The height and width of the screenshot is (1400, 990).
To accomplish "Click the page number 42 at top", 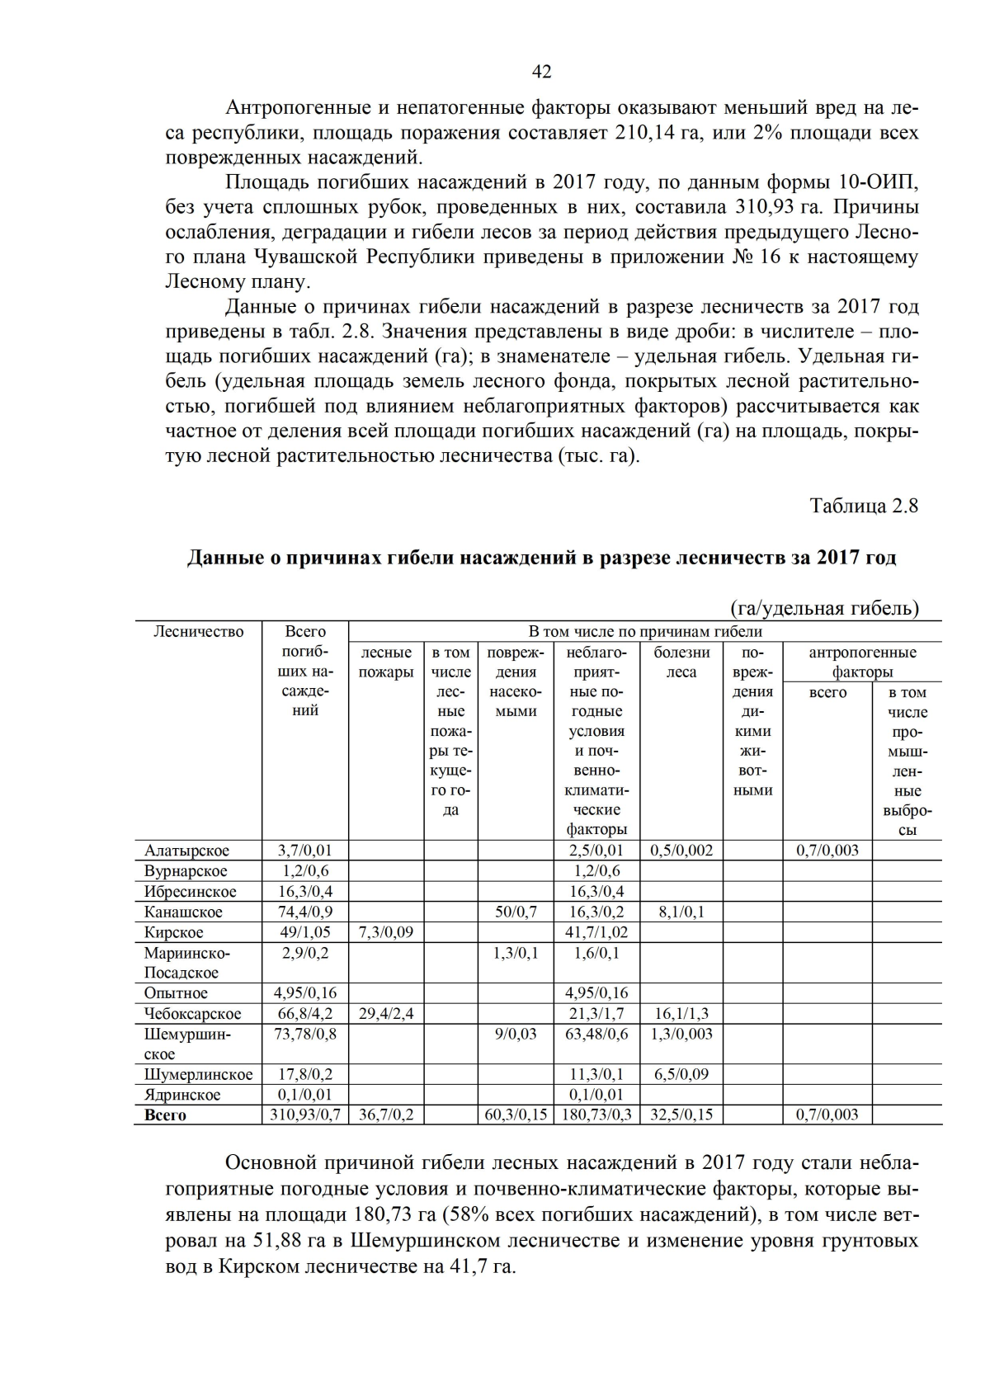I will coord(541,72).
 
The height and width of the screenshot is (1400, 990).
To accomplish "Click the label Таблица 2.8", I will coord(864,506).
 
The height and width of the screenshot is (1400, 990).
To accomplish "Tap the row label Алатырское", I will coord(186,851).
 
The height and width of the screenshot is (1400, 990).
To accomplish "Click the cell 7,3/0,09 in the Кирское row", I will coord(386,932).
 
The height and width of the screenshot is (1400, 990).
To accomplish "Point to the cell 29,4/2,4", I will coord(386,1013).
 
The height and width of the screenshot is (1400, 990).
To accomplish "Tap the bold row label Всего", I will coord(165,1115).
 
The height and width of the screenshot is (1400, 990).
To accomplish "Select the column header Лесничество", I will coord(198,632).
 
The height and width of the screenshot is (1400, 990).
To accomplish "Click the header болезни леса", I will coord(681,662).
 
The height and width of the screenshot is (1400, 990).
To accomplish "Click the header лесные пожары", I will coord(386,662).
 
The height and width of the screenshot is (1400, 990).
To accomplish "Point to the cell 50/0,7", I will coord(516,912).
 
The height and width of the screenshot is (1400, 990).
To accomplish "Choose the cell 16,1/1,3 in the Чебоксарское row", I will coord(681,1013).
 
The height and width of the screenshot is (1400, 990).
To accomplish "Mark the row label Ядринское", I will coord(182,1095).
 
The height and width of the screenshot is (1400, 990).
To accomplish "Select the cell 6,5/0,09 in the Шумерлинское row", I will coord(681,1074).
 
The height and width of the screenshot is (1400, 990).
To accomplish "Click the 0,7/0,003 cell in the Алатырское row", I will coord(827,851).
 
